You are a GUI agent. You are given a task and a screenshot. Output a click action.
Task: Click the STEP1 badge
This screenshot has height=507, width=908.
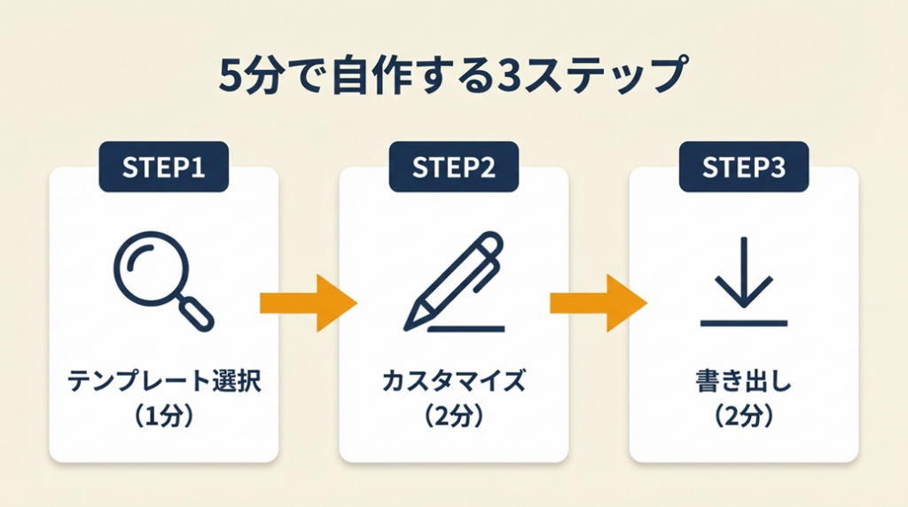click(164, 168)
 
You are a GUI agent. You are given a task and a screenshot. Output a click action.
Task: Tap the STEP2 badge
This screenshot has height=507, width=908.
click(454, 168)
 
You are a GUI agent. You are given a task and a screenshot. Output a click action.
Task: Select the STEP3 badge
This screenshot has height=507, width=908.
click(744, 168)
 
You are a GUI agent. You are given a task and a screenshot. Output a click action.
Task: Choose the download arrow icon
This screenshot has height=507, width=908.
click(744, 273)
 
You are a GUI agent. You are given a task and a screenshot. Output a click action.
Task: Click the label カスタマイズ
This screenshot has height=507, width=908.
click(454, 383)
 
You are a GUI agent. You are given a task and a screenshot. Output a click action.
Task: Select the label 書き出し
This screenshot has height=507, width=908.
click(743, 383)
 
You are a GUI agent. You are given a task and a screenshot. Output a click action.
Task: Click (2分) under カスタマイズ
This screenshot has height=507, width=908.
click(454, 416)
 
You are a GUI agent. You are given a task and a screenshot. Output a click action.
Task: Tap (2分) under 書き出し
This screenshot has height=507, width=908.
click(743, 416)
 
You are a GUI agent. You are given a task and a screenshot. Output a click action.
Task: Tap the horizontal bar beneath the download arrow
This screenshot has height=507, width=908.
click(744, 323)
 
